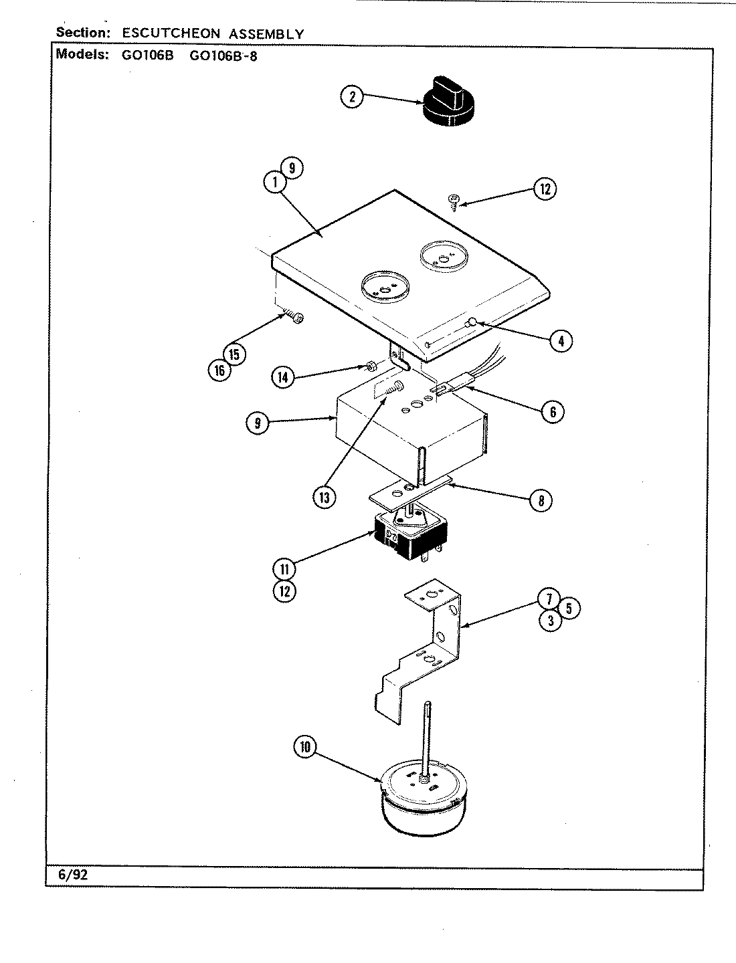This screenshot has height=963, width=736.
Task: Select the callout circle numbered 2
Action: tap(352, 97)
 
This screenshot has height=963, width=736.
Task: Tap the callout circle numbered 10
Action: tap(306, 748)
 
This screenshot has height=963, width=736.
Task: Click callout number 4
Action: tap(561, 342)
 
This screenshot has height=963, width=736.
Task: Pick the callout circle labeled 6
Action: tap(553, 412)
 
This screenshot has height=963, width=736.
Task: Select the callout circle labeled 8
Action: tap(541, 500)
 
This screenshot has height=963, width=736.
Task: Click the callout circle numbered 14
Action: tap(283, 378)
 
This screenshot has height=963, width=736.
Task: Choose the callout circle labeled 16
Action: tap(219, 370)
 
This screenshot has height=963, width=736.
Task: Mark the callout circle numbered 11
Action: tap(284, 569)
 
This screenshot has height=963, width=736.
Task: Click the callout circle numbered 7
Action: tap(550, 598)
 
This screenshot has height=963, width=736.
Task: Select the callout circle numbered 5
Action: tap(569, 608)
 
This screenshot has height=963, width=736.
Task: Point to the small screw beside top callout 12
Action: tap(453, 199)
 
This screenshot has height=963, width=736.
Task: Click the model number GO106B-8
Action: tap(223, 56)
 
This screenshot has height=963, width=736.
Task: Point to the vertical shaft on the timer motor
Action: tap(427, 736)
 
